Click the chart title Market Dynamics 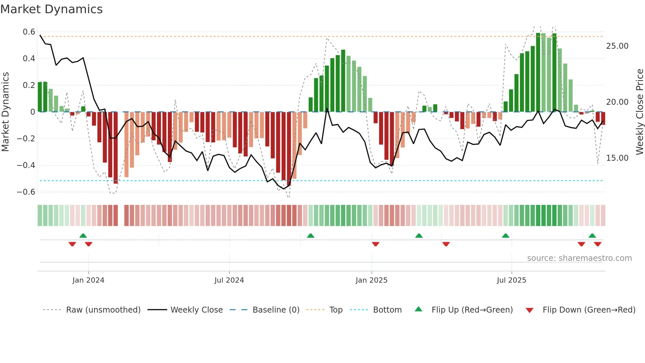click(x=51, y=9)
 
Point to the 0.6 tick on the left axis click(x=29, y=32)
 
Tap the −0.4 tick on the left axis click(x=26, y=165)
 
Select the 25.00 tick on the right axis click(x=617, y=46)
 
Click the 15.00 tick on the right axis click(x=617, y=158)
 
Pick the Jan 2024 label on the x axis click(x=88, y=280)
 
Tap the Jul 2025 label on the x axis click(x=511, y=280)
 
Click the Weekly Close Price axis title click(x=639, y=112)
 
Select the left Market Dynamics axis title click(x=5, y=112)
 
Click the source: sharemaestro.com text click(x=579, y=258)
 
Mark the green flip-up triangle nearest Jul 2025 click(x=505, y=236)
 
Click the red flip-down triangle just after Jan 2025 click(x=375, y=244)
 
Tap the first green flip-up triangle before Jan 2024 click(x=83, y=236)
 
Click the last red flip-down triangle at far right click(x=598, y=244)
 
